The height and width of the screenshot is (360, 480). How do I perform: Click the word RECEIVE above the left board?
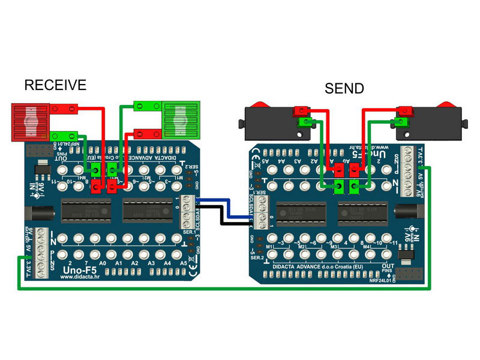[x=55, y=85]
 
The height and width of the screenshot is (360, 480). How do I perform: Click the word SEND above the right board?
[x=344, y=89]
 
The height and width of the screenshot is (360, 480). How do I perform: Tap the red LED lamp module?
[x=29, y=122]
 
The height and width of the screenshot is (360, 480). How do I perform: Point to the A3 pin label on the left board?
[x=152, y=263]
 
